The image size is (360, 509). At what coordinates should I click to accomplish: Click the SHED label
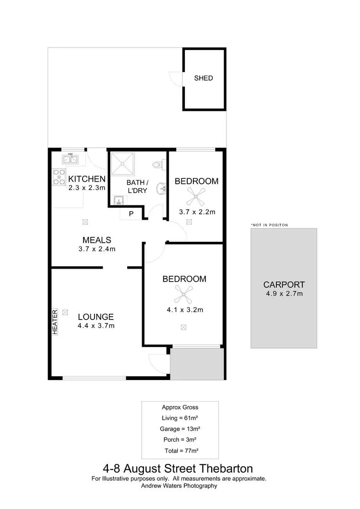click(203, 78)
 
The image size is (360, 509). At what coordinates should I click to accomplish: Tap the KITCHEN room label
click(86, 179)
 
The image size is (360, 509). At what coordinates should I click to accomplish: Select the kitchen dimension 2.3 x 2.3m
click(86, 188)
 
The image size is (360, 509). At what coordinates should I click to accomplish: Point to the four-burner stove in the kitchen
click(59, 178)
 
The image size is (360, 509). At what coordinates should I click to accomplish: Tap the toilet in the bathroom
click(157, 165)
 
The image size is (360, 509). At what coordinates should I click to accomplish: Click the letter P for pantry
click(130, 214)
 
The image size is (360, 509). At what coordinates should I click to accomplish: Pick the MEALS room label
click(97, 240)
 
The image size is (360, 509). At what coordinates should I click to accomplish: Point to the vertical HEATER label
click(55, 321)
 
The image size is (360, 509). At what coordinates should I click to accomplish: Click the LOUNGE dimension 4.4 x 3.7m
click(96, 326)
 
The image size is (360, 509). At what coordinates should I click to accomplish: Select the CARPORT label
click(283, 284)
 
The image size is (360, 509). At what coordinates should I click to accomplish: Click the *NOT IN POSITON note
click(269, 225)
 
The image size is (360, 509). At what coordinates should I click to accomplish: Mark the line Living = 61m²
click(180, 418)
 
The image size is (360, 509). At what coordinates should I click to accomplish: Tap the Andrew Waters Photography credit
click(179, 485)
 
